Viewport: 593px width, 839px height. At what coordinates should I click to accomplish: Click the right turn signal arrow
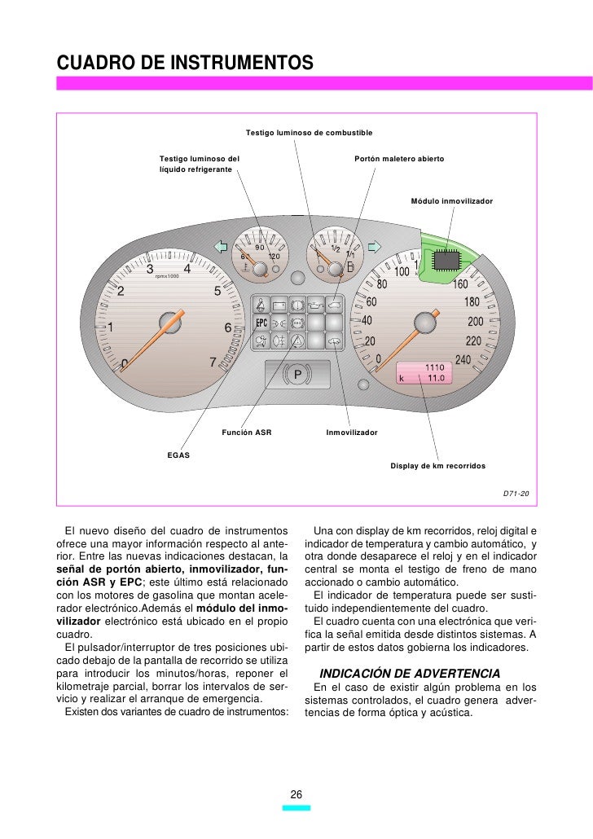pos(374,246)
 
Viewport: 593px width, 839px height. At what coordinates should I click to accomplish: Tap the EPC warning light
pos(262,323)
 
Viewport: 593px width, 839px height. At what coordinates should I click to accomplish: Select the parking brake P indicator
pos(297,376)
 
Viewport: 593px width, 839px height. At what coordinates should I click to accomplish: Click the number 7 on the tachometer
pos(213,362)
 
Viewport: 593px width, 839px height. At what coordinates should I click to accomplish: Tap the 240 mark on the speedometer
pos(464,359)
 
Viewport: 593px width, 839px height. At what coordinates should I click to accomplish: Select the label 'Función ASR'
pos(246,433)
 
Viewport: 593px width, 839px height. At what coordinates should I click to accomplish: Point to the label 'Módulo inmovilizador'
pos(451,200)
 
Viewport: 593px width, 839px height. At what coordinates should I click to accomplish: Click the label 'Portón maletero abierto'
pos(399,157)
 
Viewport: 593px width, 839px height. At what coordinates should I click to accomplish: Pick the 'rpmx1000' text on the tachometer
pos(167,276)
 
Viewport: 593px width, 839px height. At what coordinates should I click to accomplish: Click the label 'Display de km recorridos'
pos(437,466)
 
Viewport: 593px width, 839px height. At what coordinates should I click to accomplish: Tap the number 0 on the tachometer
pos(124,362)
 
